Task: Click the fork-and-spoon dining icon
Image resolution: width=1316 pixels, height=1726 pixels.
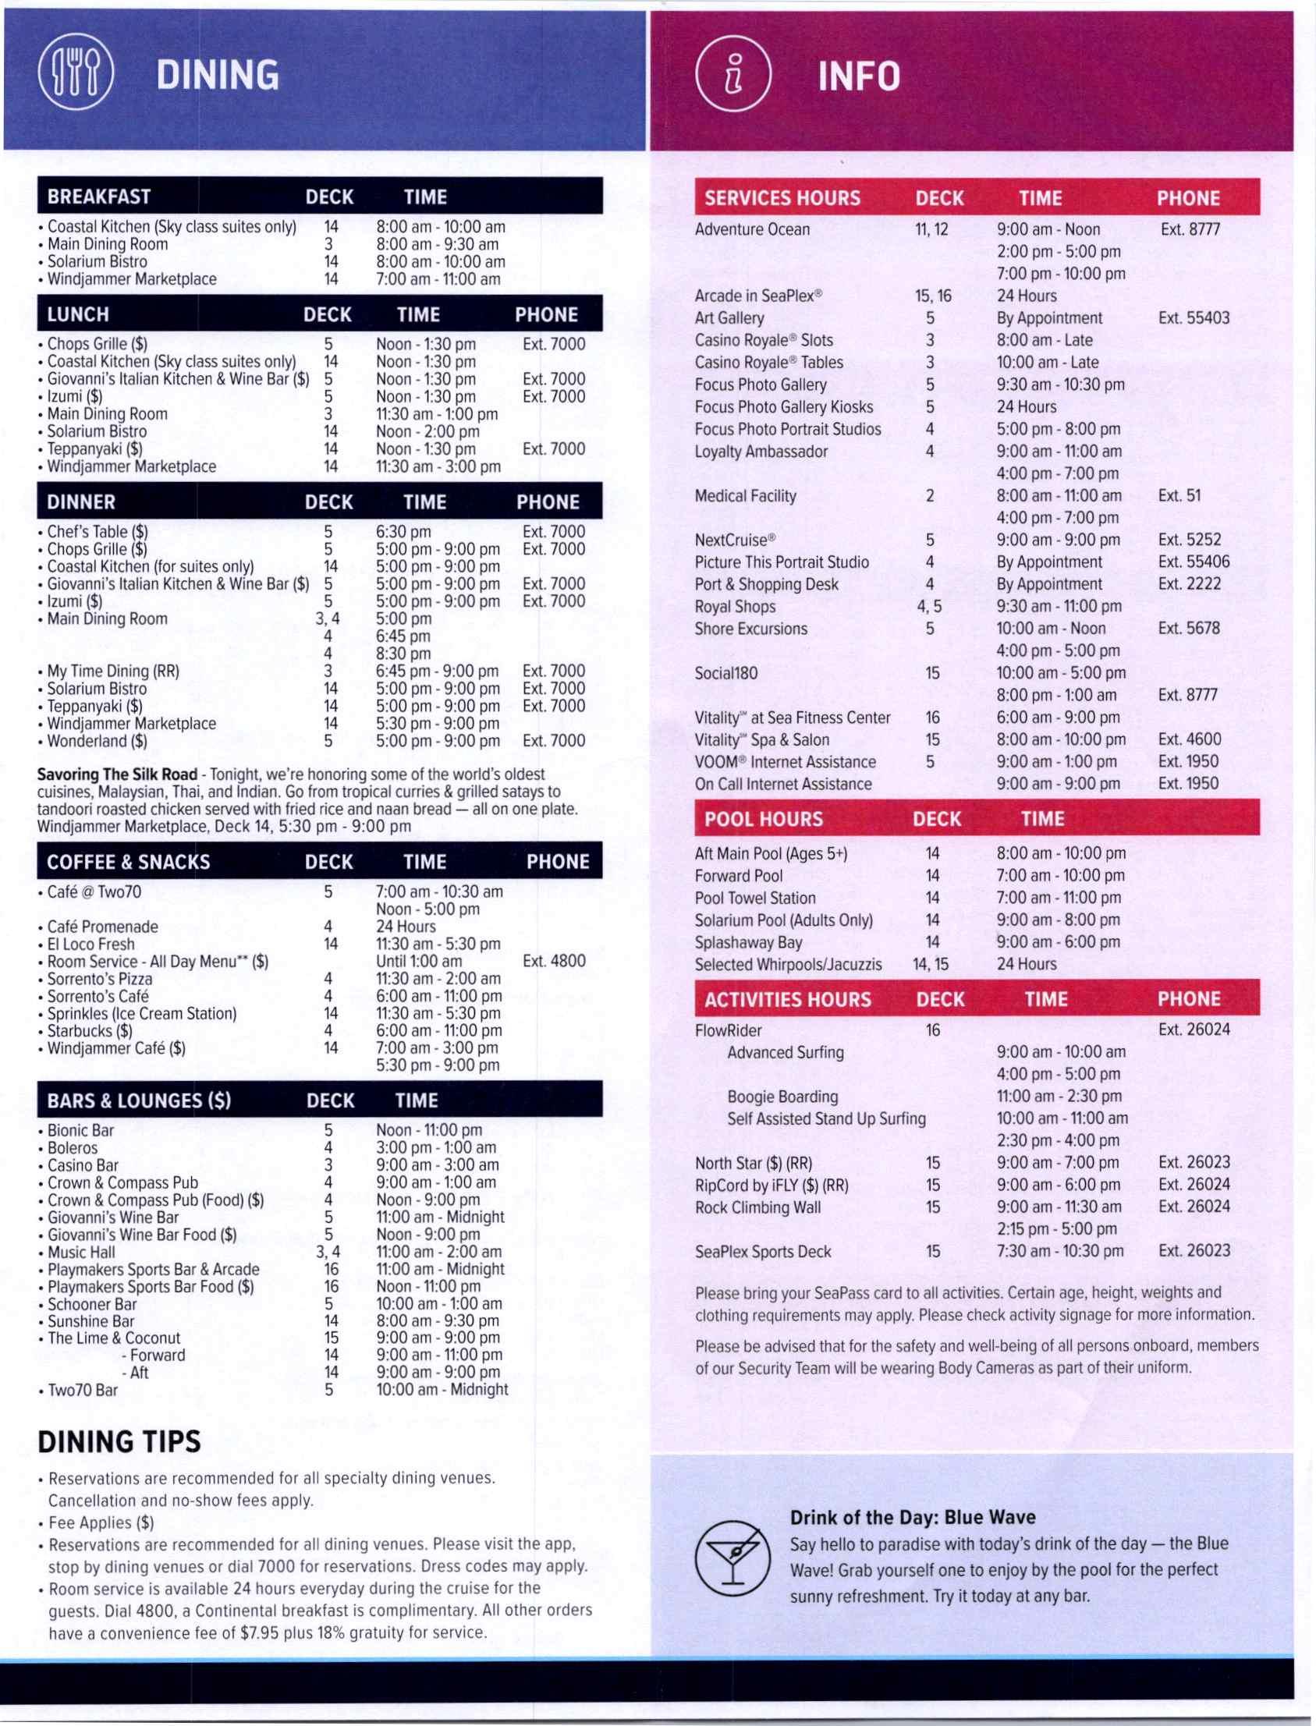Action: [x=75, y=76]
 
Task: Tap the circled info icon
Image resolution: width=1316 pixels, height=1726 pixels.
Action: [x=733, y=76]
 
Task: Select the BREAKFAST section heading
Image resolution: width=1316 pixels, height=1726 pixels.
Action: [x=99, y=197]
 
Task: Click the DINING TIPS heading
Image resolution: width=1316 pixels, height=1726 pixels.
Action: [x=119, y=1441]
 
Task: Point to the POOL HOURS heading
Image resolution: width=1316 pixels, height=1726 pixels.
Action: [x=763, y=819]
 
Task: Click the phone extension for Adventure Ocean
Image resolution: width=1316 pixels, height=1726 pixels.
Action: [x=1190, y=229]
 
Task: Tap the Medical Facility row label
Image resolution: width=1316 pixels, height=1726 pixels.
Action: [x=745, y=496]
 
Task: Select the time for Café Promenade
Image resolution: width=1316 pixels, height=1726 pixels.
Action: [x=406, y=927]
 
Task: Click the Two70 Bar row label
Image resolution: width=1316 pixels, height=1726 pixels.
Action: [x=82, y=1390]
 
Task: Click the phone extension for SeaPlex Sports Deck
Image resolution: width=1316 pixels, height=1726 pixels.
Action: [x=1194, y=1252]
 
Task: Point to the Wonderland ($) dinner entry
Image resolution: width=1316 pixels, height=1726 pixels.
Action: [x=98, y=741]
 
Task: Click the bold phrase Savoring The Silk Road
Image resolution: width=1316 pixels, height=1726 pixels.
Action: [x=117, y=774]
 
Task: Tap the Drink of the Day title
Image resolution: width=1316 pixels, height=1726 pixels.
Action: [x=913, y=1518]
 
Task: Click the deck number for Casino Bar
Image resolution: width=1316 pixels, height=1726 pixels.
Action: [x=328, y=1165]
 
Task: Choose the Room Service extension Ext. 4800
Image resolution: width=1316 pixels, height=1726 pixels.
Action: [x=554, y=961]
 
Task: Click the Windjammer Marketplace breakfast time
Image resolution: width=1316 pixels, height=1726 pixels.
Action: [x=438, y=278]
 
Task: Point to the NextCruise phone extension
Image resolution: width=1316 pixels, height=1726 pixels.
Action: [x=1189, y=540]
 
